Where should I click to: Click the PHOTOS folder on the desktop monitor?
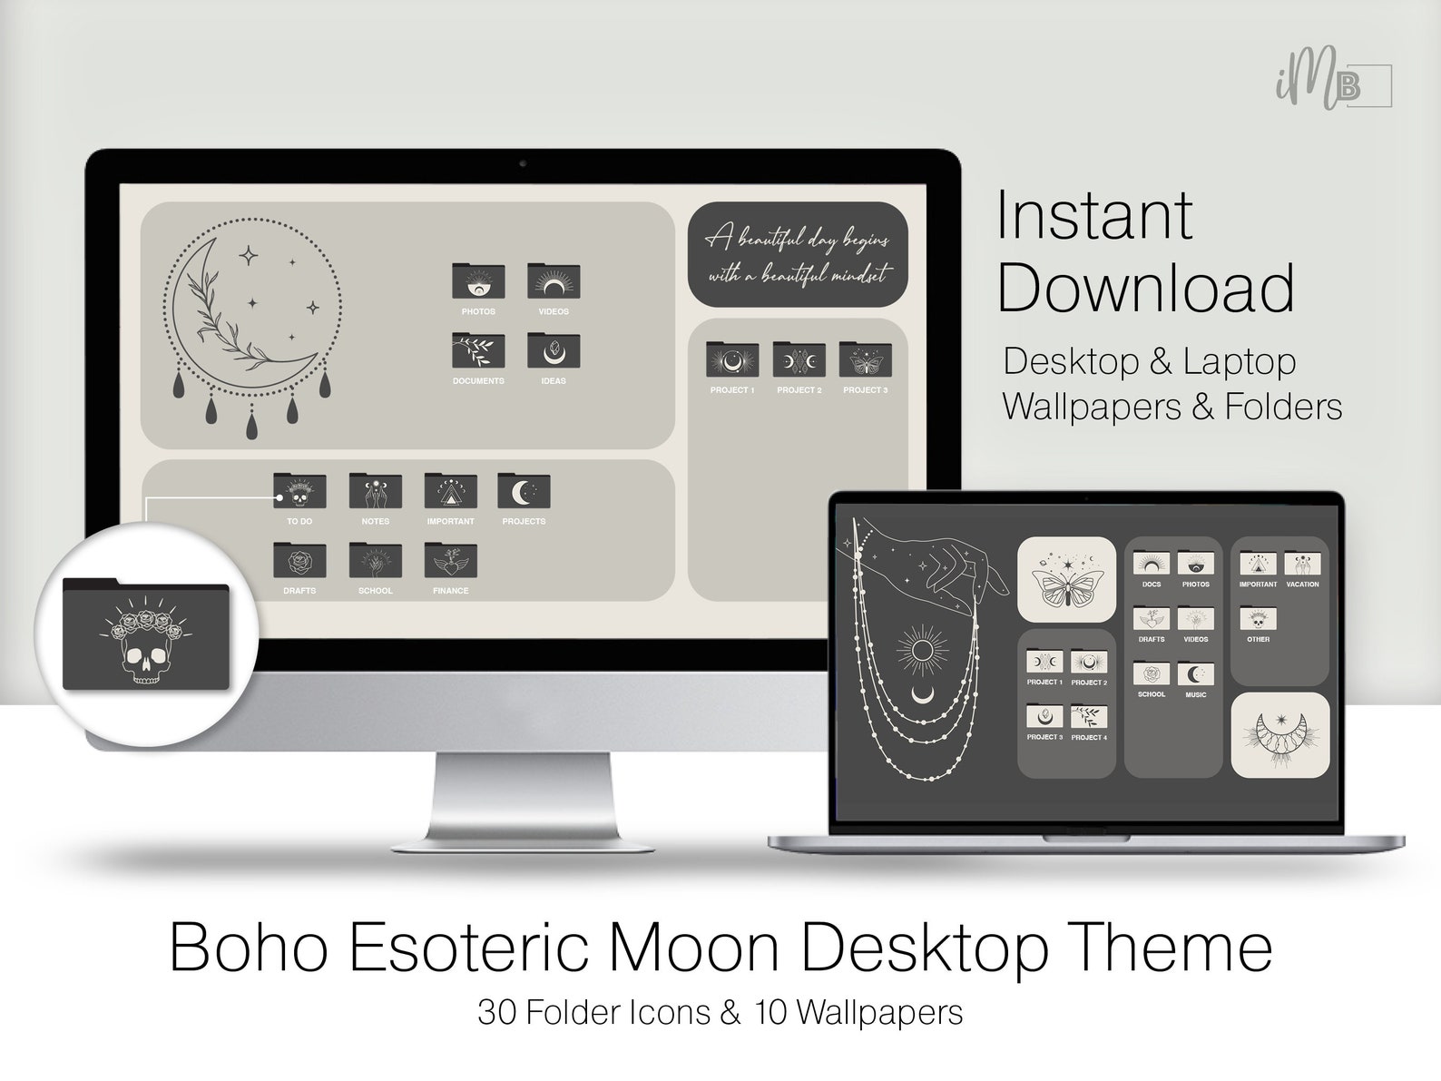coord(478,282)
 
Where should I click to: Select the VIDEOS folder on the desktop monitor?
coord(554,282)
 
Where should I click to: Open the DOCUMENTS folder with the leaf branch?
coord(478,351)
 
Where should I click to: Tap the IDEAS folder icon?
coord(554,351)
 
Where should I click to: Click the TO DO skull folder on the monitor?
coord(299,492)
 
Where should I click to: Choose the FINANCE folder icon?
coord(451,561)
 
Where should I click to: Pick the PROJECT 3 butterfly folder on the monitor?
coord(865,360)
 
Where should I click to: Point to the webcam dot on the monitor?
coord(523,164)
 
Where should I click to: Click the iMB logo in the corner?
coord(1331,86)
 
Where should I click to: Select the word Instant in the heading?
coord(1094,216)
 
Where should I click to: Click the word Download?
coord(1146,288)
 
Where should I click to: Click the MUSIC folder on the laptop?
coord(1195,675)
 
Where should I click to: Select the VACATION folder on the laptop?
coord(1302,565)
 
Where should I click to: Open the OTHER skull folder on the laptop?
coord(1258,620)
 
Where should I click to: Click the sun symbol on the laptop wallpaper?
coord(922,651)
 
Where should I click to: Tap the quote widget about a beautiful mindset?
coord(798,254)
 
